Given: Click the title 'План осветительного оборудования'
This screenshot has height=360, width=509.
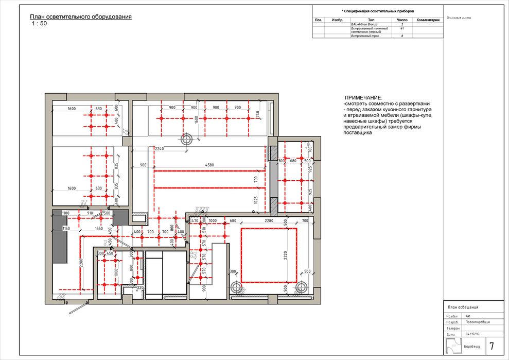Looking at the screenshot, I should click(81, 16).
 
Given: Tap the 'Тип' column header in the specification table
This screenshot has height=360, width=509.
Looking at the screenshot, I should click(372, 20).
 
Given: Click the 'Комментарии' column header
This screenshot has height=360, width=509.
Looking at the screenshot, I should click(428, 20).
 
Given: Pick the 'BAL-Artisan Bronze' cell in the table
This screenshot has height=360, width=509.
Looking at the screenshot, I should click(364, 24).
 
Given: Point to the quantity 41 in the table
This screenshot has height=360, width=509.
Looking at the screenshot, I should click(402, 29).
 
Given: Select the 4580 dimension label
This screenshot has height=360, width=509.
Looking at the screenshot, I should click(209, 165).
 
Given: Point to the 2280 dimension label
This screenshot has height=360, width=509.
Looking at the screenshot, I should click(269, 221).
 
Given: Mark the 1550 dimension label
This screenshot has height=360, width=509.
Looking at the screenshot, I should click(99, 228).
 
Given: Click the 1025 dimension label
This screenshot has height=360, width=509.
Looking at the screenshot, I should click(255, 200).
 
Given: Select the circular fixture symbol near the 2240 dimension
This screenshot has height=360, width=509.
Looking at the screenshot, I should click(186, 139).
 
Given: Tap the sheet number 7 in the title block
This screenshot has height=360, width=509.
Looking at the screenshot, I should click(492, 346).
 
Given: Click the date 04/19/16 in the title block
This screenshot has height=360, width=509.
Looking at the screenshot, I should click(472, 334).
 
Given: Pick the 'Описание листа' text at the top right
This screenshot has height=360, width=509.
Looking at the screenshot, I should click(460, 18).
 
